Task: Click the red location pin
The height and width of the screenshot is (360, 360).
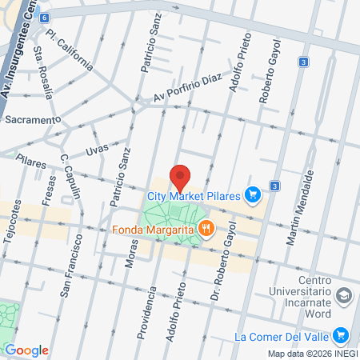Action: click(180, 176)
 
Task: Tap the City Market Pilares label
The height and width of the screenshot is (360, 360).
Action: click(194, 194)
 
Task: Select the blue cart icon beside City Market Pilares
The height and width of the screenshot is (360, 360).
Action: click(253, 194)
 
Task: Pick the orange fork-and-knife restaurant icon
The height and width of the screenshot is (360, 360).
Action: click(206, 229)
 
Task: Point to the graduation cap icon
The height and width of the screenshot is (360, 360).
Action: click(344, 295)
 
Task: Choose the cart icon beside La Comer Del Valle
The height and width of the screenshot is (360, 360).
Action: click(341, 336)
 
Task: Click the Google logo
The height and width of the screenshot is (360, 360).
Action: click(26, 350)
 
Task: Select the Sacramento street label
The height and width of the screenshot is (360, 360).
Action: click(32, 119)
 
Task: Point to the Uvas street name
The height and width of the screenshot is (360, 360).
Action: click(96, 150)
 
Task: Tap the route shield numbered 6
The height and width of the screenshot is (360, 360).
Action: click(42, 17)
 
